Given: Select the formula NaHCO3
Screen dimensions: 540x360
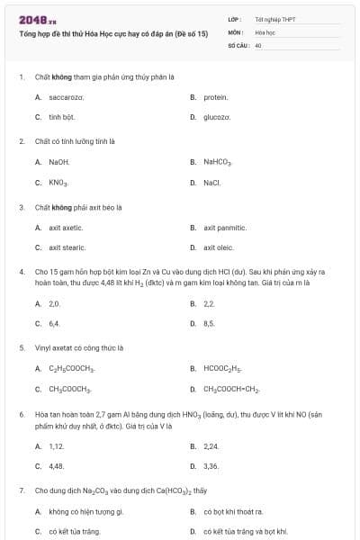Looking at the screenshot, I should [218, 162].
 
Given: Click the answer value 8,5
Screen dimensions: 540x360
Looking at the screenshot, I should [209, 322].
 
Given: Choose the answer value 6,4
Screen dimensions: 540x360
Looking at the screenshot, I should [54, 322].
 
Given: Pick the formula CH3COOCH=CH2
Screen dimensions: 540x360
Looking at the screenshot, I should [231, 388].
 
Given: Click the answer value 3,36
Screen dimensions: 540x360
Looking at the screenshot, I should [211, 465].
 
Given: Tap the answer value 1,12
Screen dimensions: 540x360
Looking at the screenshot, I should [56, 445].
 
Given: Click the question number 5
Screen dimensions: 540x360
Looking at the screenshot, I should [22, 346].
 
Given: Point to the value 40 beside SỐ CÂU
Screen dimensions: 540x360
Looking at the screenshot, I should [258, 44].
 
